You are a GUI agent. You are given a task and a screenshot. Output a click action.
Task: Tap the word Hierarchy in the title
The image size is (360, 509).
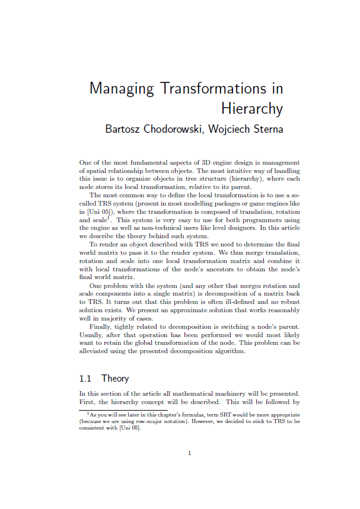click(252, 109)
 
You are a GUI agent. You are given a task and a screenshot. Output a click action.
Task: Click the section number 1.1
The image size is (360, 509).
click(87, 378)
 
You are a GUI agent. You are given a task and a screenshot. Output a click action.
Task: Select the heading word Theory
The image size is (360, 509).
click(115, 378)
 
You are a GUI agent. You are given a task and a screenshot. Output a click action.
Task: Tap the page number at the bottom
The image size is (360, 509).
click(189, 453)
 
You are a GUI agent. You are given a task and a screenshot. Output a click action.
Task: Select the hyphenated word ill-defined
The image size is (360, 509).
click(217, 302)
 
